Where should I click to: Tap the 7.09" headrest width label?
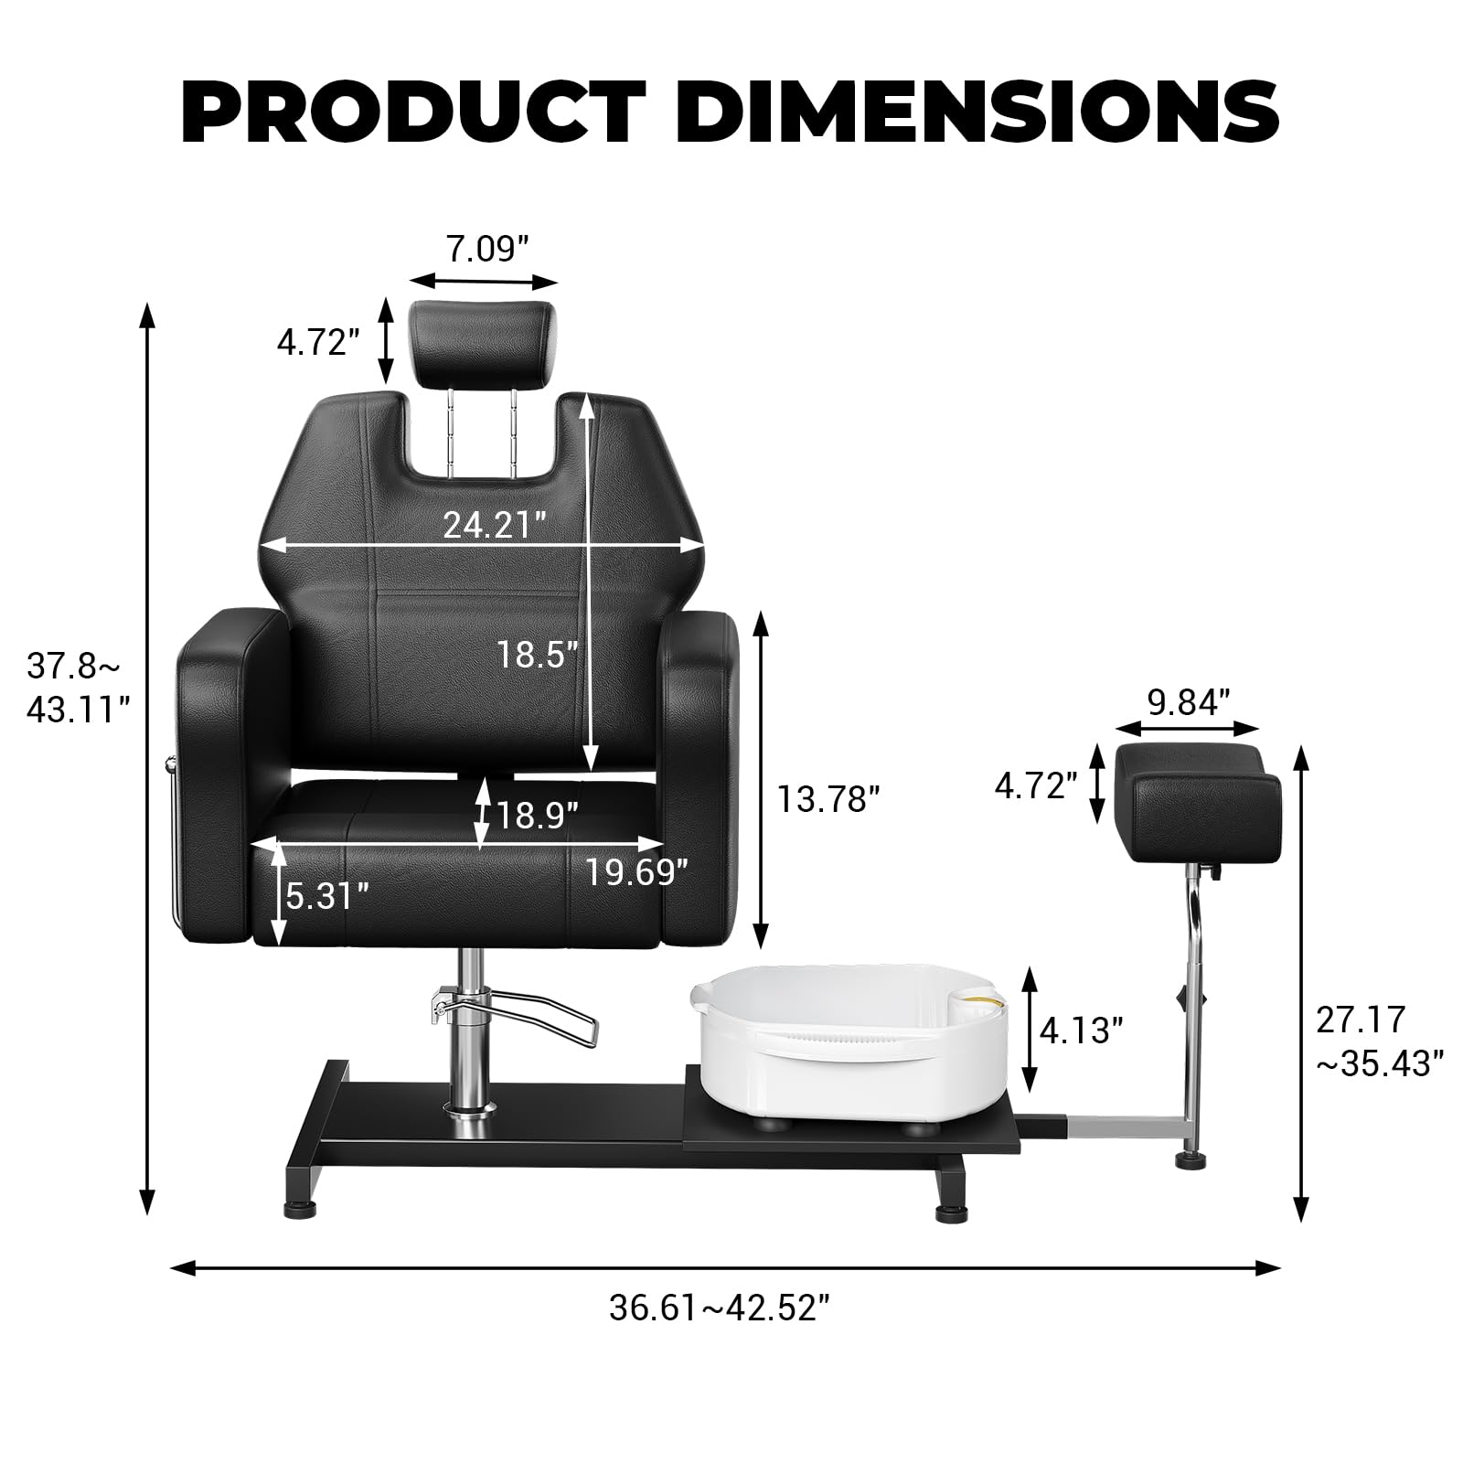(487, 249)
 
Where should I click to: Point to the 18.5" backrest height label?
(537, 655)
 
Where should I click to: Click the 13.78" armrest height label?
(828, 798)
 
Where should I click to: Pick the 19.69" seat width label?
(636, 872)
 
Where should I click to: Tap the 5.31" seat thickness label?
(327, 896)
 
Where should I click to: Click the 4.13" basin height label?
(1081, 1031)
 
